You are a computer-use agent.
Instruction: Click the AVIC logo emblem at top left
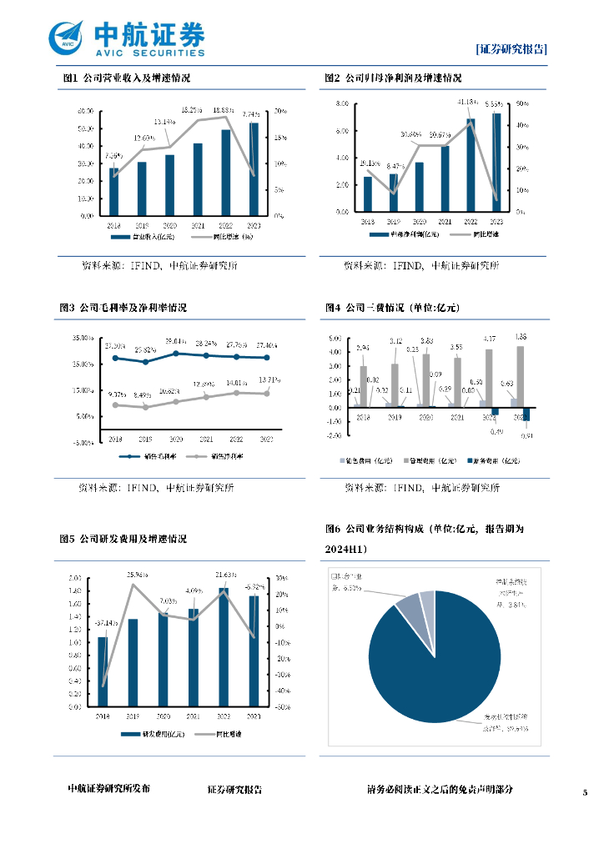68,37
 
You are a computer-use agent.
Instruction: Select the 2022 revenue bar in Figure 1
225,172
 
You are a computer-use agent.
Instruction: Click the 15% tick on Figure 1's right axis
280,137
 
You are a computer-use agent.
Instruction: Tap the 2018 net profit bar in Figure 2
367,194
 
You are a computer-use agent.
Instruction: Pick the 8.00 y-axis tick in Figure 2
342,103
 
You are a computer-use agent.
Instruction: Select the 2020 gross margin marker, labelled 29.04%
175,353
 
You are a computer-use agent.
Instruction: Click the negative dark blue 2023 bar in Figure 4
526,414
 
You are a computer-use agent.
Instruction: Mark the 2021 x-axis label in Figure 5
194,716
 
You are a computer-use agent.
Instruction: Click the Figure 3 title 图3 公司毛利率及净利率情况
123,308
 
